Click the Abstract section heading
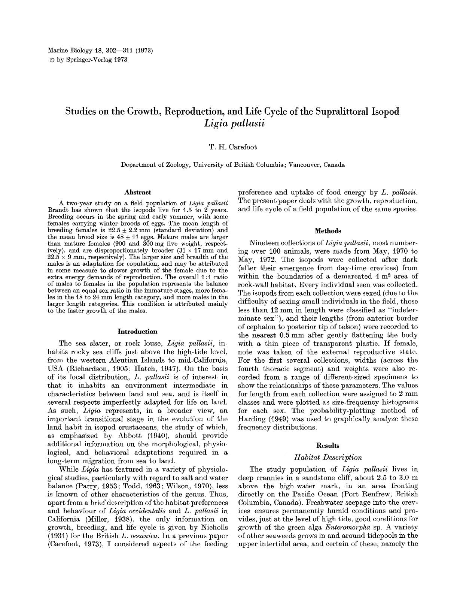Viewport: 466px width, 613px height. pyautogui.click(x=137, y=193)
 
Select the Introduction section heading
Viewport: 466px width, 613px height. pyautogui.click(x=137, y=332)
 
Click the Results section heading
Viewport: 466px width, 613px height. pyautogui.click(x=328, y=446)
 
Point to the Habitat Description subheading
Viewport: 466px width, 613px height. pyautogui.click(x=328, y=457)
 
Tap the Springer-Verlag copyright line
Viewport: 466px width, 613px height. pyautogui.click(x=88, y=60)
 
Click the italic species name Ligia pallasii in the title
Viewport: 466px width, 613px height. pyautogui.click(x=232, y=123)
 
